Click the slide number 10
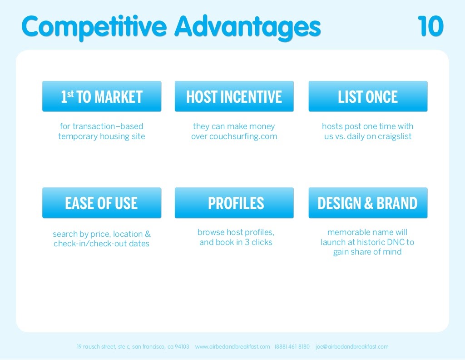pyautogui.click(x=430, y=26)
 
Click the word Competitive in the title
pyautogui.click(x=94, y=27)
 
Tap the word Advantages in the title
pyautogui.click(x=247, y=27)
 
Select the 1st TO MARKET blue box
pyautogui.click(x=102, y=96)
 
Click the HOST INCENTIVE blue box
pyautogui.click(x=234, y=96)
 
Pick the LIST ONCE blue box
pyautogui.click(x=368, y=96)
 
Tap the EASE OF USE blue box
pyautogui.click(x=102, y=203)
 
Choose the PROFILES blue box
pyautogui.click(x=234, y=203)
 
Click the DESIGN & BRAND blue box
pyautogui.click(x=368, y=203)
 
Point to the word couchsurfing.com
pyautogui.click(x=243, y=136)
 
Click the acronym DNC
pyautogui.click(x=395, y=242)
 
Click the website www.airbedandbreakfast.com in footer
pyautogui.click(x=232, y=347)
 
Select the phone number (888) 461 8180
pyautogui.click(x=292, y=347)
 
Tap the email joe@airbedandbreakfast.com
pyautogui.click(x=352, y=347)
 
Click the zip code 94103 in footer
pyautogui.click(x=182, y=347)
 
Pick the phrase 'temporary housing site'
pyautogui.click(x=102, y=136)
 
